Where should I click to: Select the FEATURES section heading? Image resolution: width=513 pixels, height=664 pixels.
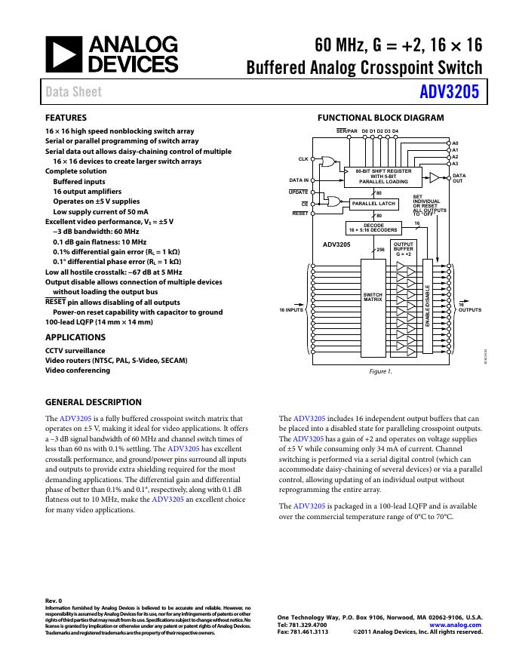pyautogui.click(x=66, y=118)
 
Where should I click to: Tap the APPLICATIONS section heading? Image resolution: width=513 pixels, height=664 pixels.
pyautogui.click(x=75, y=337)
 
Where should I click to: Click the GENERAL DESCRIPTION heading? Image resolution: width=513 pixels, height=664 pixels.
pyautogui.click(x=94, y=402)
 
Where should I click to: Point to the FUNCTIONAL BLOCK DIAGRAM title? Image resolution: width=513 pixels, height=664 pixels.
pyautogui.click(x=380, y=118)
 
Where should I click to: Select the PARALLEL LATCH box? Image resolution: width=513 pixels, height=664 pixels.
pyautogui.click(x=373, y=204)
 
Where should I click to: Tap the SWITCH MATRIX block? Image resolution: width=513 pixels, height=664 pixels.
pyautogui.click(x=373, y=297)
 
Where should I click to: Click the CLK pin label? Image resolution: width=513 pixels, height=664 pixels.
pyautogui.click(x=303, y=159)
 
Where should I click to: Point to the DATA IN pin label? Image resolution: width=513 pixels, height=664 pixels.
pyautogui.click(x=300, y=180)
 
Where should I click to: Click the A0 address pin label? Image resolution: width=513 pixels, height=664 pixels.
pyautogui.click(x=455, y=143)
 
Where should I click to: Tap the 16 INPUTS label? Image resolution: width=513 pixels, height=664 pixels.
pyautogui.click(x=291, y=310)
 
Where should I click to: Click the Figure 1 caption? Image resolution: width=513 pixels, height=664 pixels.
pyautogui.click(x=380, y=371)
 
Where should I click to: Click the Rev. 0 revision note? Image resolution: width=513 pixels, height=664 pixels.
pyautogui.click(x=54, y=601)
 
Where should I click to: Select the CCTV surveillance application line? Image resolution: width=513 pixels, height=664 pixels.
pyautogui.click(x=75, y=351)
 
